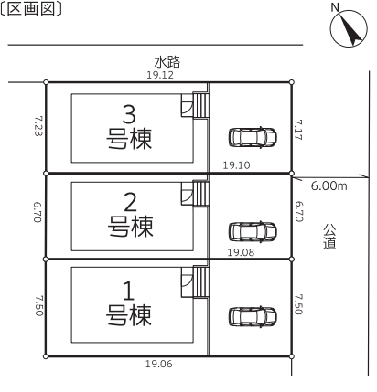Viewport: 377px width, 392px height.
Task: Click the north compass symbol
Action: click(349, 28)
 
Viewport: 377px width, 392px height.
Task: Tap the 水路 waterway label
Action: click(167, 62)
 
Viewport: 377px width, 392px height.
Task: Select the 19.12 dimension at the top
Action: click(160, 75)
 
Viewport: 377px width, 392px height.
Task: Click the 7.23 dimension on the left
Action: click(38, 125)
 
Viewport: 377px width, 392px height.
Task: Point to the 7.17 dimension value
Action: click(298, 130)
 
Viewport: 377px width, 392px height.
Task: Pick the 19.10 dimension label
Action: click(236, 165)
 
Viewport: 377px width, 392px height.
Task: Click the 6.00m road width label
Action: click(329, 185)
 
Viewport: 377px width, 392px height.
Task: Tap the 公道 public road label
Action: click(329, 237)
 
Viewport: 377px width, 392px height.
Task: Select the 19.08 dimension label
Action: click(241, 252)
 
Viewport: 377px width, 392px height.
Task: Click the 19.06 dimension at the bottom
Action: click(158, 364)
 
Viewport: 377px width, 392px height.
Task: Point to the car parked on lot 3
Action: click(253, 137)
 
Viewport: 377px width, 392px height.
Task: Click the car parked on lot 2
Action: click(253, 231)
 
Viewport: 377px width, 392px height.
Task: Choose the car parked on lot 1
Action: click(253, 317)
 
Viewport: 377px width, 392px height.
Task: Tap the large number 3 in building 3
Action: click(129, 114)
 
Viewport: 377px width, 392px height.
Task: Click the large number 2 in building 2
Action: click(130, 202)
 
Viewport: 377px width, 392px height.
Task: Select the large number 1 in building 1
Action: click(128, 291)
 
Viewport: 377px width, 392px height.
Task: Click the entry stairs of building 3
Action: click(200, 105)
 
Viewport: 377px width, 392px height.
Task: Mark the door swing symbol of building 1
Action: click(187, 281)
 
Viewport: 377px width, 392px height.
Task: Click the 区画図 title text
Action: click(31, 8)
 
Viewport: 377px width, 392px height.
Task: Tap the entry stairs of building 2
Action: click(200, 194)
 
